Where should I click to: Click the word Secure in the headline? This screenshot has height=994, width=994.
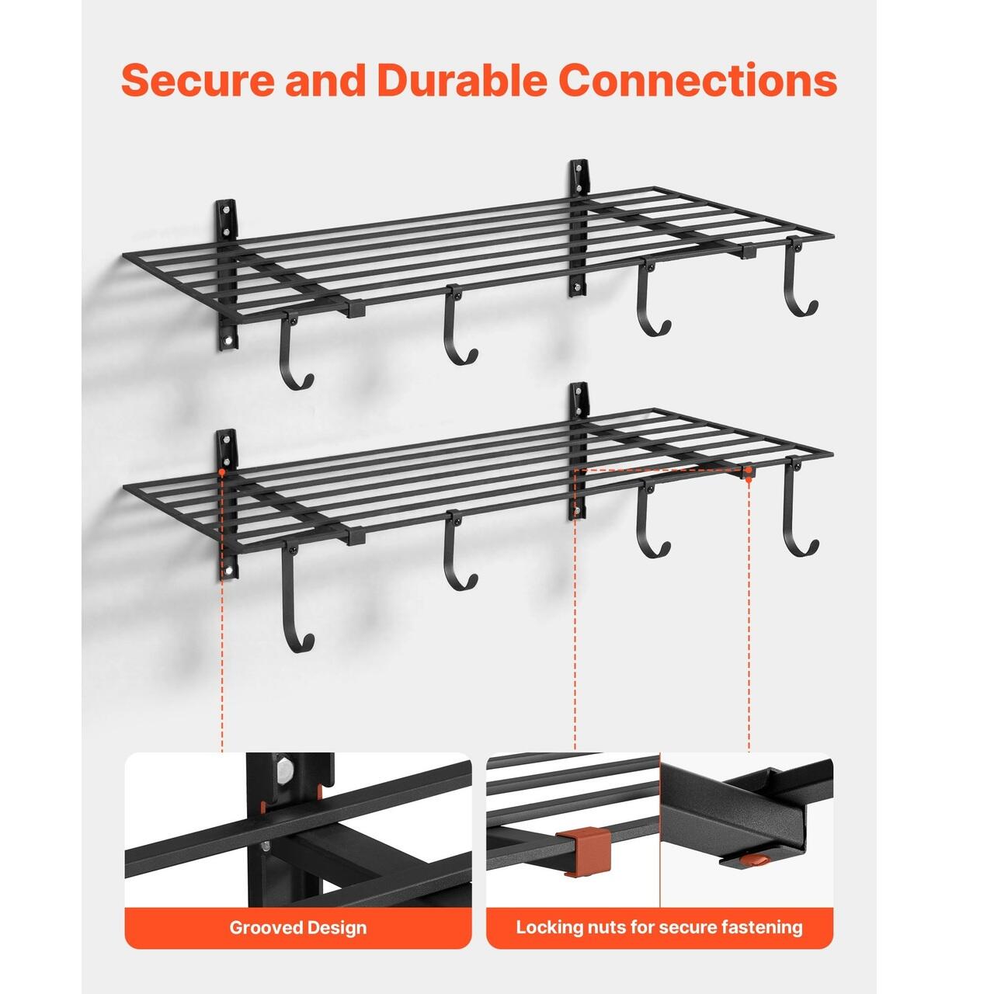(x=198, y=80)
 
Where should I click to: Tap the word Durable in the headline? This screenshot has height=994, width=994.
(x=461, y=80)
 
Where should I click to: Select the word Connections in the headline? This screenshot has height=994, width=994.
(x=698, y=80)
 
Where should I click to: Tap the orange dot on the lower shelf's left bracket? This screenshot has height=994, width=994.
(x=222, y=471)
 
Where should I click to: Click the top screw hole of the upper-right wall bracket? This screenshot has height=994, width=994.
(x=578, y=168)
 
